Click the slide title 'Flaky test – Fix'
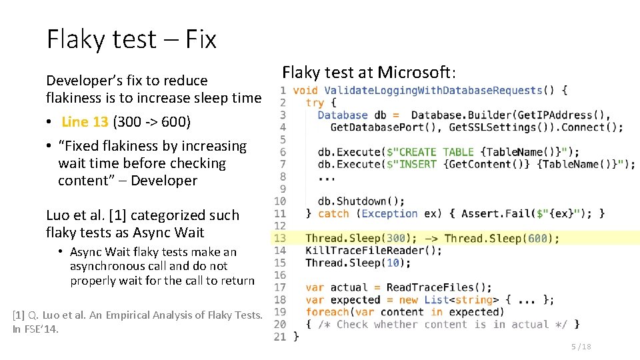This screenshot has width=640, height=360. (131, 40)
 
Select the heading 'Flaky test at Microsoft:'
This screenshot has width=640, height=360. (369, 72)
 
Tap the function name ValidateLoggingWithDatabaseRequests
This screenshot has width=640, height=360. (433, 90)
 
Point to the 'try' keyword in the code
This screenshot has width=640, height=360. (315, 103)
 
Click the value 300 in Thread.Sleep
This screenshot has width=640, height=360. (396, 238)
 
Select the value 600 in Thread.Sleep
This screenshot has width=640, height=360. (537, 238)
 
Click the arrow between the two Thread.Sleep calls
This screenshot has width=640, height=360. (431, 238)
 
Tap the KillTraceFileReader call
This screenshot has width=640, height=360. (373, 251)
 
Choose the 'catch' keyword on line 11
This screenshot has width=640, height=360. (333, 213)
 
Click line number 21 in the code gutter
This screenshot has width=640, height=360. (280, 337)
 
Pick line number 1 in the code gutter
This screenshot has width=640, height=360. (283, 90)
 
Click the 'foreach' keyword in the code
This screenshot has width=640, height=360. (327, 312)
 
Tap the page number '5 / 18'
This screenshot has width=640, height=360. (581, 347)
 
